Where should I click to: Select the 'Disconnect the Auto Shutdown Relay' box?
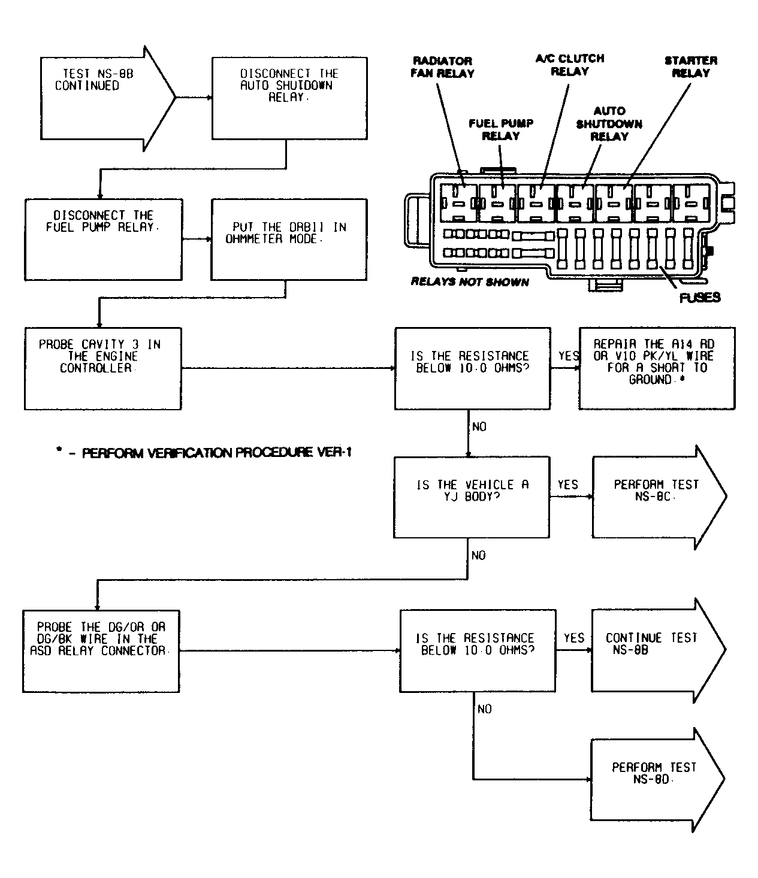point(289,98)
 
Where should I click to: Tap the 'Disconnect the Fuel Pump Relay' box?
point(103,240)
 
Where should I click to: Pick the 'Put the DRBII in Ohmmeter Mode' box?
point(289,240)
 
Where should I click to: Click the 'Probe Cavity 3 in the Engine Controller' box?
point(102,368)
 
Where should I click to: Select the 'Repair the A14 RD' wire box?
point(656,368)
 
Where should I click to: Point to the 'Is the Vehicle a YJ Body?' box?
point(472,497)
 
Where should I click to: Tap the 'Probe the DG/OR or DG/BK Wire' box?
point(101,650)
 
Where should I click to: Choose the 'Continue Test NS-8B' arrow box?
point(653,650)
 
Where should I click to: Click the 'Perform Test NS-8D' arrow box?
point(653,779)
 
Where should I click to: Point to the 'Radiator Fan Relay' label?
point(443,67)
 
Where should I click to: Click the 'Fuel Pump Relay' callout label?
point(501,129)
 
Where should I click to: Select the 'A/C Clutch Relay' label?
point(569,65)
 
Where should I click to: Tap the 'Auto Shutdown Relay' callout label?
point(609,123)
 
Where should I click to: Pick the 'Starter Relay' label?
point(690,66)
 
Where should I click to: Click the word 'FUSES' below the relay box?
point(700,297)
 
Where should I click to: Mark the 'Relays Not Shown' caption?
point(470,281)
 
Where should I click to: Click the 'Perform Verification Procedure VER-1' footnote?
point(204,453)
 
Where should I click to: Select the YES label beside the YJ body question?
point(568,484)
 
